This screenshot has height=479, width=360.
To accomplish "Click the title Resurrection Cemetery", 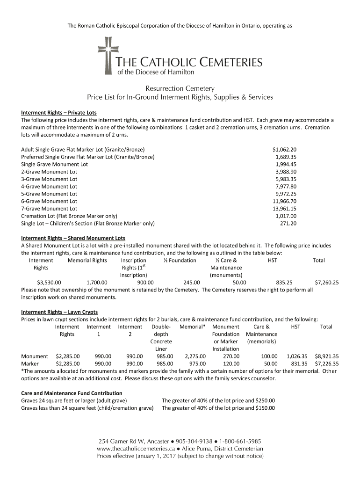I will tap(180, 88).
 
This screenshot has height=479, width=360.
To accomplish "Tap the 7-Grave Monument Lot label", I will tap(49, 209).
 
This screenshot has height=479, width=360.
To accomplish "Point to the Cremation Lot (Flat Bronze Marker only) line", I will tap(69, 216).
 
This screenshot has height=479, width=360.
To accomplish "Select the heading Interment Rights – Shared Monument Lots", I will tap(73, 238).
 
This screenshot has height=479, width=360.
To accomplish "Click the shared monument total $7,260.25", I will tap(327, 283).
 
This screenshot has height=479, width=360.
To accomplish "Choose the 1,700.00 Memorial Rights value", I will tap(97, 283).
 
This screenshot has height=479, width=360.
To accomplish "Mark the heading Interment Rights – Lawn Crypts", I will tap(59, 312).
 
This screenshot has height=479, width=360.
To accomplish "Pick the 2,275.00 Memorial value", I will tap(195, 356).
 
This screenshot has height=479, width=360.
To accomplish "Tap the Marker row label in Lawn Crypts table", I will tap(30, 363).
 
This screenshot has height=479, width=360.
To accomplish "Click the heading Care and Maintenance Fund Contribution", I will tap(72, 393).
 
